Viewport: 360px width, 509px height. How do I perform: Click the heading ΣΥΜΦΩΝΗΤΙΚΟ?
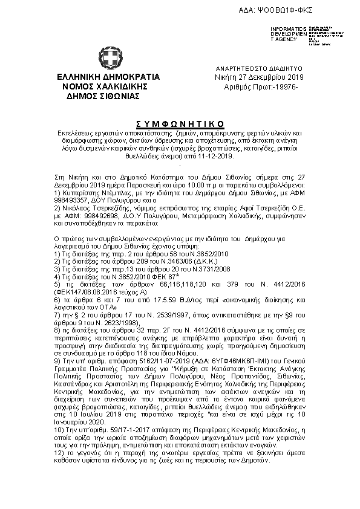pos(181,117)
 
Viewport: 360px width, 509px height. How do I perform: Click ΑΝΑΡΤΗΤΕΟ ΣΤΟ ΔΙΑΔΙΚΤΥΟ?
pos(259,70)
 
